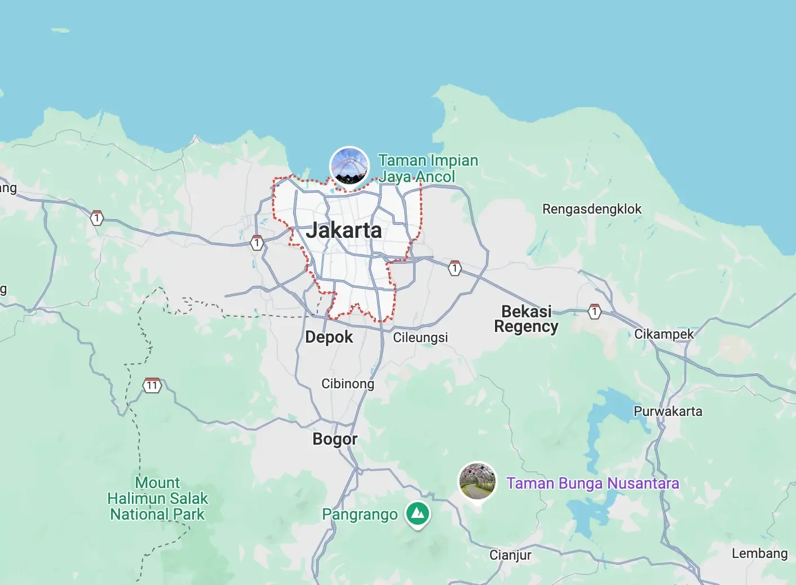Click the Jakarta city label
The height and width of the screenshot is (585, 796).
[x=344, y=231]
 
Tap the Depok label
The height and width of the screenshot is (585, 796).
[x=329, y=337]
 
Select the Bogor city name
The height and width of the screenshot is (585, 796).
[x=335, y=439]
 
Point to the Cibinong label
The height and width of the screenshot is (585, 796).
[x=347, y=384]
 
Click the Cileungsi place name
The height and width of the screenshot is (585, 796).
[x=420, y=338]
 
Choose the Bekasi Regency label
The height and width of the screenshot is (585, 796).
[x=526, y=319]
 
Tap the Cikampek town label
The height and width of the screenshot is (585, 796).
[x=664, y=334]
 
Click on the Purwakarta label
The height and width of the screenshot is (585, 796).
[x=667, y=411]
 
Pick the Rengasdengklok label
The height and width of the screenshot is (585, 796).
[x=591, y=209]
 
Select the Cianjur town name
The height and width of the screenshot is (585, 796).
[x=510, y=555]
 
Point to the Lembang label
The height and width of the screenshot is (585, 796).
[x=759, y=553]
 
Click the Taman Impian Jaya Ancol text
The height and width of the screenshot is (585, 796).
[x=428, y=169]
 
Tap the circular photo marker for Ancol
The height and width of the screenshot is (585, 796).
[x=350, y=166]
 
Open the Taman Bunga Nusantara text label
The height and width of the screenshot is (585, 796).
[x=592, y=484]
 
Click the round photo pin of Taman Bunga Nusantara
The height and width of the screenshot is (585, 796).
[x=477, y=481]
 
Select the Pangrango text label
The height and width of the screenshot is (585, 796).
[x=360, y=515]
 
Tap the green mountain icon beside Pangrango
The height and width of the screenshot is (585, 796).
[x=418, y=514]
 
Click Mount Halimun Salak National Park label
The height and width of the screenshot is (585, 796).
[x=157, y=498]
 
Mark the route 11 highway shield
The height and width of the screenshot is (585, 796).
[x=152, y=386]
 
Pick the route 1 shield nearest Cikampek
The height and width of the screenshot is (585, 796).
[x=594, y=311]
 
